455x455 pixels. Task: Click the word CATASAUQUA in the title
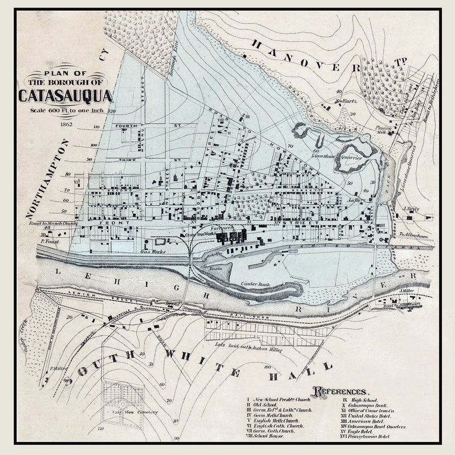pyautogui.click(x=65, y=95)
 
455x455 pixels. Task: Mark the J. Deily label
pyautogui.click(x=411, y=210)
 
